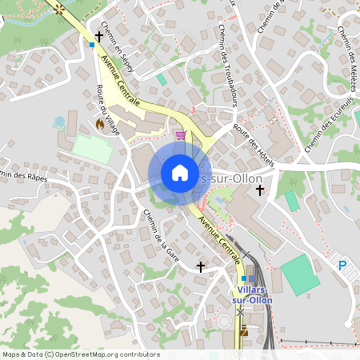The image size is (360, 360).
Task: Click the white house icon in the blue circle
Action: pyautogui.click(x=180, y=173)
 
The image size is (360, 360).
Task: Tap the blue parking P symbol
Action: pyautogui.click(x=342, y=266)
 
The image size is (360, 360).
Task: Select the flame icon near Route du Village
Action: pyautogui.click(x=100, y=125)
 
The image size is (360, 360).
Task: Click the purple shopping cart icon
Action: pyautogui.click(x=181, y=135)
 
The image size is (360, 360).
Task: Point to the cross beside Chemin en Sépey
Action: pyautogui.click(x=99, y=36)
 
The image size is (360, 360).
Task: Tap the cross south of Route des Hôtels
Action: pyautogui.click(x=259, y=190)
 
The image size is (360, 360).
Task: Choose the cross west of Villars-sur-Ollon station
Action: pyautogui.click(x=200, y=266)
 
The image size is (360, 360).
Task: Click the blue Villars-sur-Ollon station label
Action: pyautogui.click(x=251, y=294)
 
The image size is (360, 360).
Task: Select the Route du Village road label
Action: pyautogui.click(x=107, y=110)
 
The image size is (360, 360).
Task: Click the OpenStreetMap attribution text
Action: pyautogui.click(x=81, y=354)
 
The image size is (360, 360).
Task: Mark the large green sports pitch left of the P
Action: pyautogui.click(x=299, y=275)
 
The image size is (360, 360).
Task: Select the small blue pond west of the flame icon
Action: pyautogui.click(x=58, y=122)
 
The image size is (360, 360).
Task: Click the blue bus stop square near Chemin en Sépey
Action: pyautogui.click(x=92, y=46)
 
